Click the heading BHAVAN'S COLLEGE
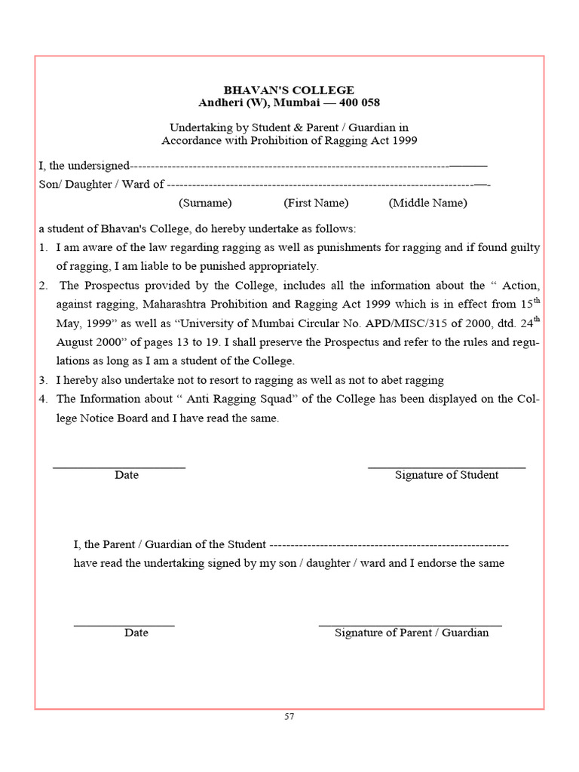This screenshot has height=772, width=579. (x=289, y=90)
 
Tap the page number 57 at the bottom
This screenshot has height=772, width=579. (x=289, y=716)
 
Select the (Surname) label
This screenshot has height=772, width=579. (x=205, y=203)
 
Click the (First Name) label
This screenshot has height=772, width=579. (x=316, y=203)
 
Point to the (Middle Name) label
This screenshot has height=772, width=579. (x=427, y=203)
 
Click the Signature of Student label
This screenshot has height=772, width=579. (x=446, y=476)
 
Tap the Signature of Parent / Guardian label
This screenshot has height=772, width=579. (x=412, y=633)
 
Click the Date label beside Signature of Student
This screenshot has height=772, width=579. (x=127, y=476)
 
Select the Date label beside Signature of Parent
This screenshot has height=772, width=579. (x=136, y=633)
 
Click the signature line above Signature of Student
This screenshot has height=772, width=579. (x=446, y=468)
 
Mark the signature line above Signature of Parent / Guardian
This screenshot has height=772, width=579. (x=410, y=626)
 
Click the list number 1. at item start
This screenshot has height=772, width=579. (x=43, y=248)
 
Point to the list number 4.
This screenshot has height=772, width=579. (x=43, y=400)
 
